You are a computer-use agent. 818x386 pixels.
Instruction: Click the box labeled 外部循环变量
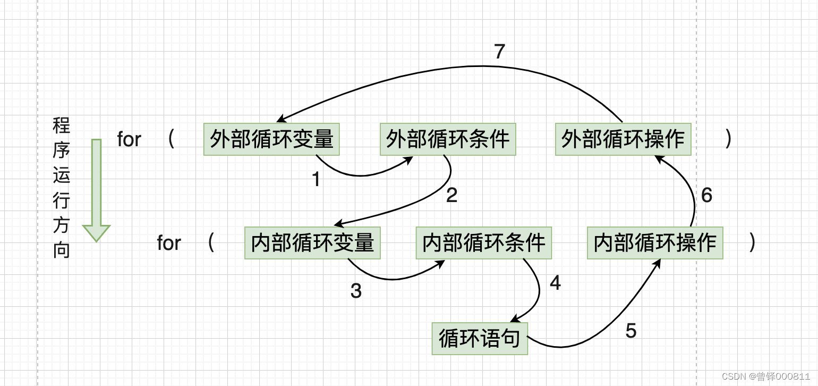pos(271,139)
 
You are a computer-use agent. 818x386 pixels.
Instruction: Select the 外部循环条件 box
pos(448,139)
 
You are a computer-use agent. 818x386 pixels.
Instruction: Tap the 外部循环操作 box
pos(623,139)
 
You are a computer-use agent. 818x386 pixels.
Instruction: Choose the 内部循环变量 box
pos(312,243)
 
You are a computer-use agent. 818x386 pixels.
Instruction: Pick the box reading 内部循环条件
pos(484,243)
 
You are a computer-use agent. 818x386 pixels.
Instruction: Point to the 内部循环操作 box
pos(655,243)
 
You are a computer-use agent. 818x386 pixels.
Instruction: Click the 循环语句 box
pos(480,339)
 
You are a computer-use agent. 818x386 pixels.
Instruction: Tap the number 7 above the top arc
pos(499,52)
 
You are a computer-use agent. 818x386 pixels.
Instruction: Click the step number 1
pos(316,180)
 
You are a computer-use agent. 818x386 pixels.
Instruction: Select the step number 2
pos(451,196)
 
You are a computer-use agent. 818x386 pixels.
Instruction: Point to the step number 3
pos(356,291)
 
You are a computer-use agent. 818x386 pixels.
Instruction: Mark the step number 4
pos(555,283)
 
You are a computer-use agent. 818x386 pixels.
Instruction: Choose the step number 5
pos(630,331)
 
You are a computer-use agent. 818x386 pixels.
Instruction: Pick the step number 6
pos(706,196)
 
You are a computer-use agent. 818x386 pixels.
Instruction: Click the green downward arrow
pos(96,189)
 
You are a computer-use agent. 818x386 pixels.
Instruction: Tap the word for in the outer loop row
pos(129,139)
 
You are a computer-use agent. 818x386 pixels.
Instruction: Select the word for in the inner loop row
pos(169,243)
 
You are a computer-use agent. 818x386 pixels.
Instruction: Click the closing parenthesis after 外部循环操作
pos(728,139)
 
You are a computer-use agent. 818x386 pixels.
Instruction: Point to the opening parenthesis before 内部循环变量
pos(211,243)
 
